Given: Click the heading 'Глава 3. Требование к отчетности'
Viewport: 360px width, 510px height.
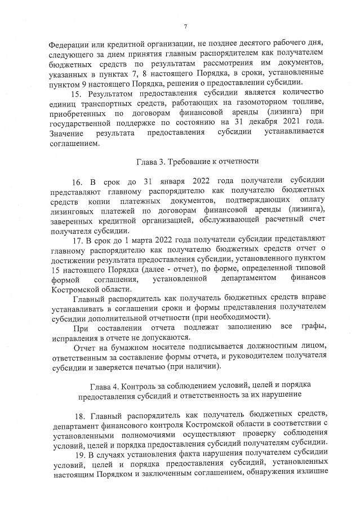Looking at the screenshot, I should click(x=198, y=161).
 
